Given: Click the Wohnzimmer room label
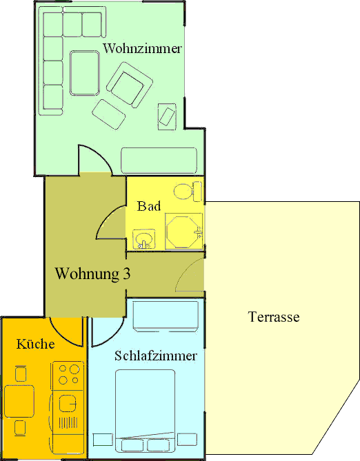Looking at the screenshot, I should tap(142, 49).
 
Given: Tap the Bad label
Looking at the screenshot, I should tap(149, 206).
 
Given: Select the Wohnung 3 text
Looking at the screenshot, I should tap(93, 274).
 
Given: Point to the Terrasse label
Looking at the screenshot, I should tap(273, 318).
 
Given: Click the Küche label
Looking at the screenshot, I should tap(36, 344).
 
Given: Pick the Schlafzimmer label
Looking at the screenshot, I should tap(156, 356).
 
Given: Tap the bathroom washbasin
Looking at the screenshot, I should tap(145, 239).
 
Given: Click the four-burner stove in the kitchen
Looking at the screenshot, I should tap(68, 375).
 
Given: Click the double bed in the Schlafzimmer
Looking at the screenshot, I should tap(145, 407).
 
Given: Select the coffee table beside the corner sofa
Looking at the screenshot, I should tap(83, 72).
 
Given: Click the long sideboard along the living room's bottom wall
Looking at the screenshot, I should tap(159, 160).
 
